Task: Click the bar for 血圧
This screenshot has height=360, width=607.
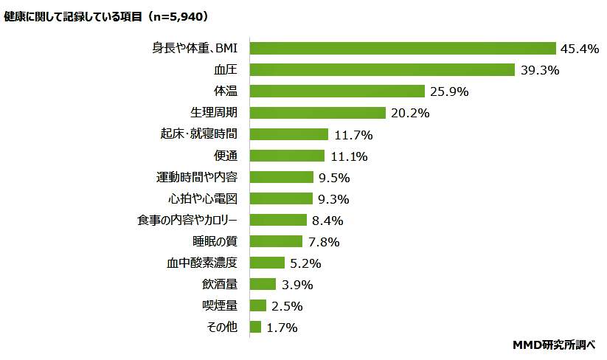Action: [382, 70]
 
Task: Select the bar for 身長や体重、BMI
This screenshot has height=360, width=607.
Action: [403, 49]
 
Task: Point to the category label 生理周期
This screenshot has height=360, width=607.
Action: [215, 113]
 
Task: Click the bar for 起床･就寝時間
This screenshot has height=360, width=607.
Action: [289, 134]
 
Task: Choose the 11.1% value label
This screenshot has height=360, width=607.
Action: [348, 156]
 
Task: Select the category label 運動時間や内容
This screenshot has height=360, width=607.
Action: [197, 177]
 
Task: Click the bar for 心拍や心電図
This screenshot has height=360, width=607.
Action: [282, 198]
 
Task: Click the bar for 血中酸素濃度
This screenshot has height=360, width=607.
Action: [267, 263]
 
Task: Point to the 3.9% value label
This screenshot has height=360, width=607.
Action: [297, 285]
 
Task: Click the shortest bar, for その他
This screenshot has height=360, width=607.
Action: [256, 327]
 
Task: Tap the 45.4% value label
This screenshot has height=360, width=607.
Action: [580, 49]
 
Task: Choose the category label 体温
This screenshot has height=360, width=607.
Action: [225, 91]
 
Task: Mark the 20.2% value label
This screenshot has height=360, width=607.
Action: [409, 114]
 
